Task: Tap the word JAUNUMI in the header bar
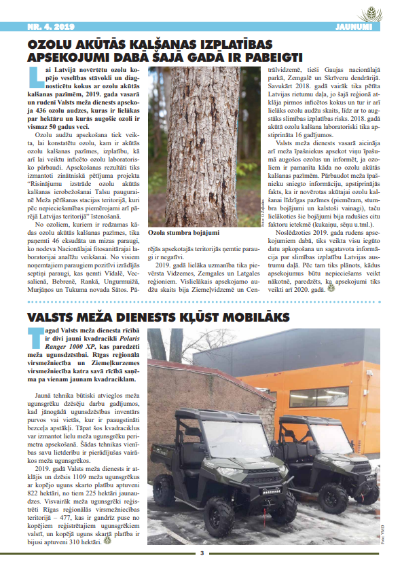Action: click(355, 26)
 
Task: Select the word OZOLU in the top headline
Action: click(53, 43)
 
